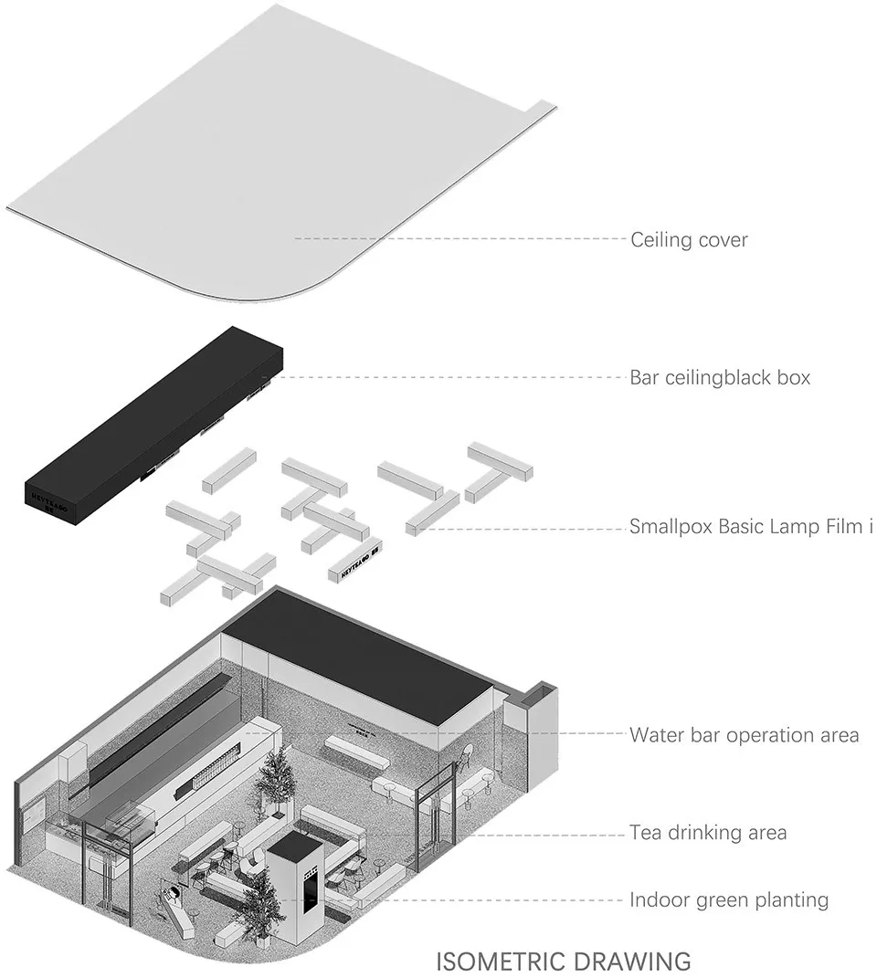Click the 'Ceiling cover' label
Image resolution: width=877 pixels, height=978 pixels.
coord(689,240)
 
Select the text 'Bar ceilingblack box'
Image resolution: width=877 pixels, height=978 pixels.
coord(720,377)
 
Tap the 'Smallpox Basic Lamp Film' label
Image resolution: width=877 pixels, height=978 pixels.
coord(745,527)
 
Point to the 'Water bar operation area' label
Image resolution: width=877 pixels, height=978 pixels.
coord(744,734)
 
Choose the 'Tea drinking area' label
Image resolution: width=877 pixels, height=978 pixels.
coord(708,833)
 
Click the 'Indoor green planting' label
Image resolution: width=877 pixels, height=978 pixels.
coord(729,899)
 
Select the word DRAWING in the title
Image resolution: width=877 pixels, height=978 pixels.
coord(643,962)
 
